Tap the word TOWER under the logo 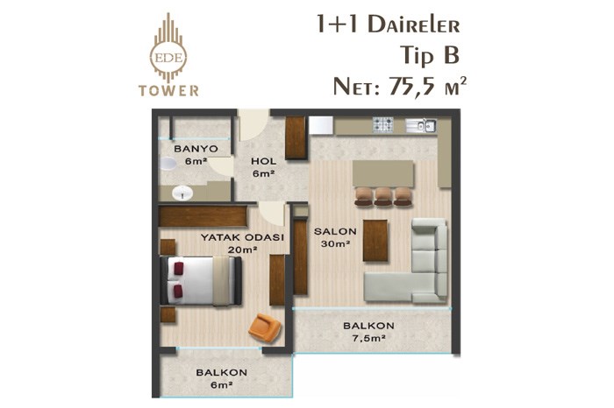pos(168,90)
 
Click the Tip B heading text pos(429,55)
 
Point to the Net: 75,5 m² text pos(400,86)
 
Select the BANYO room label pos(196,149)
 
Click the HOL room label pos(263,161)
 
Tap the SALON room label pos(335,231)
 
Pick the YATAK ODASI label pos(242,237)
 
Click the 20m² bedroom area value pos(242,250)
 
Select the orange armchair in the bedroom pos(265,327)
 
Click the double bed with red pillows pos(201,280)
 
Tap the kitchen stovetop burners pos(382,124)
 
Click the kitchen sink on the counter pos(421,125)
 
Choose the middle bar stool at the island pos(382,196)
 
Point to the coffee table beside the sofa pos(375,241)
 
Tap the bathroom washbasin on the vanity pos(182,193)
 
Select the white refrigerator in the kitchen pos(321,125)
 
